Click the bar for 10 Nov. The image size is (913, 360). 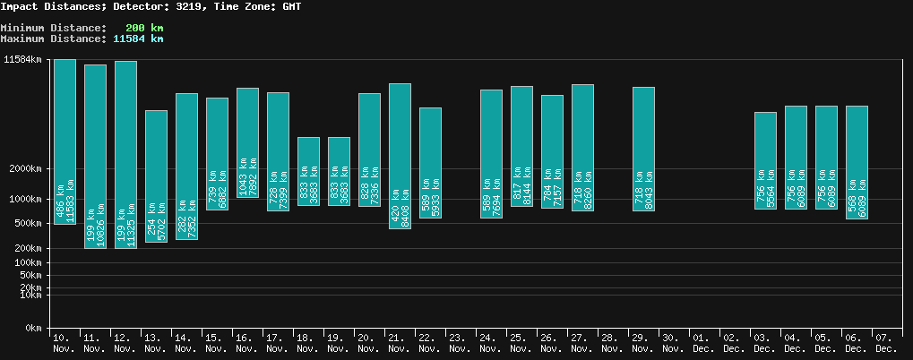tap(65, 141)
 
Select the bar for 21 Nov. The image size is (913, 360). tap(400, 156)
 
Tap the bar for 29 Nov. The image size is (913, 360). tap(643, 149)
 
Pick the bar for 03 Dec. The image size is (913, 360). tap(765, 160)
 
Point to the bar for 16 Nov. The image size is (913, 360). tap(247, 142)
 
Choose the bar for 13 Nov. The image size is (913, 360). tap(156, 176)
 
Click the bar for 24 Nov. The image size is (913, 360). tap(491, 153)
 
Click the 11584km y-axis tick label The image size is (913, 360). tap(23, 60)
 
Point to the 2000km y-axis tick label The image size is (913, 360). tap(26, 169)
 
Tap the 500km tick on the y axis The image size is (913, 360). tap(29, 223)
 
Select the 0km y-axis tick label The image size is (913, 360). tap(33, 329)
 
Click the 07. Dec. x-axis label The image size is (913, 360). tap(886, 343)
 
